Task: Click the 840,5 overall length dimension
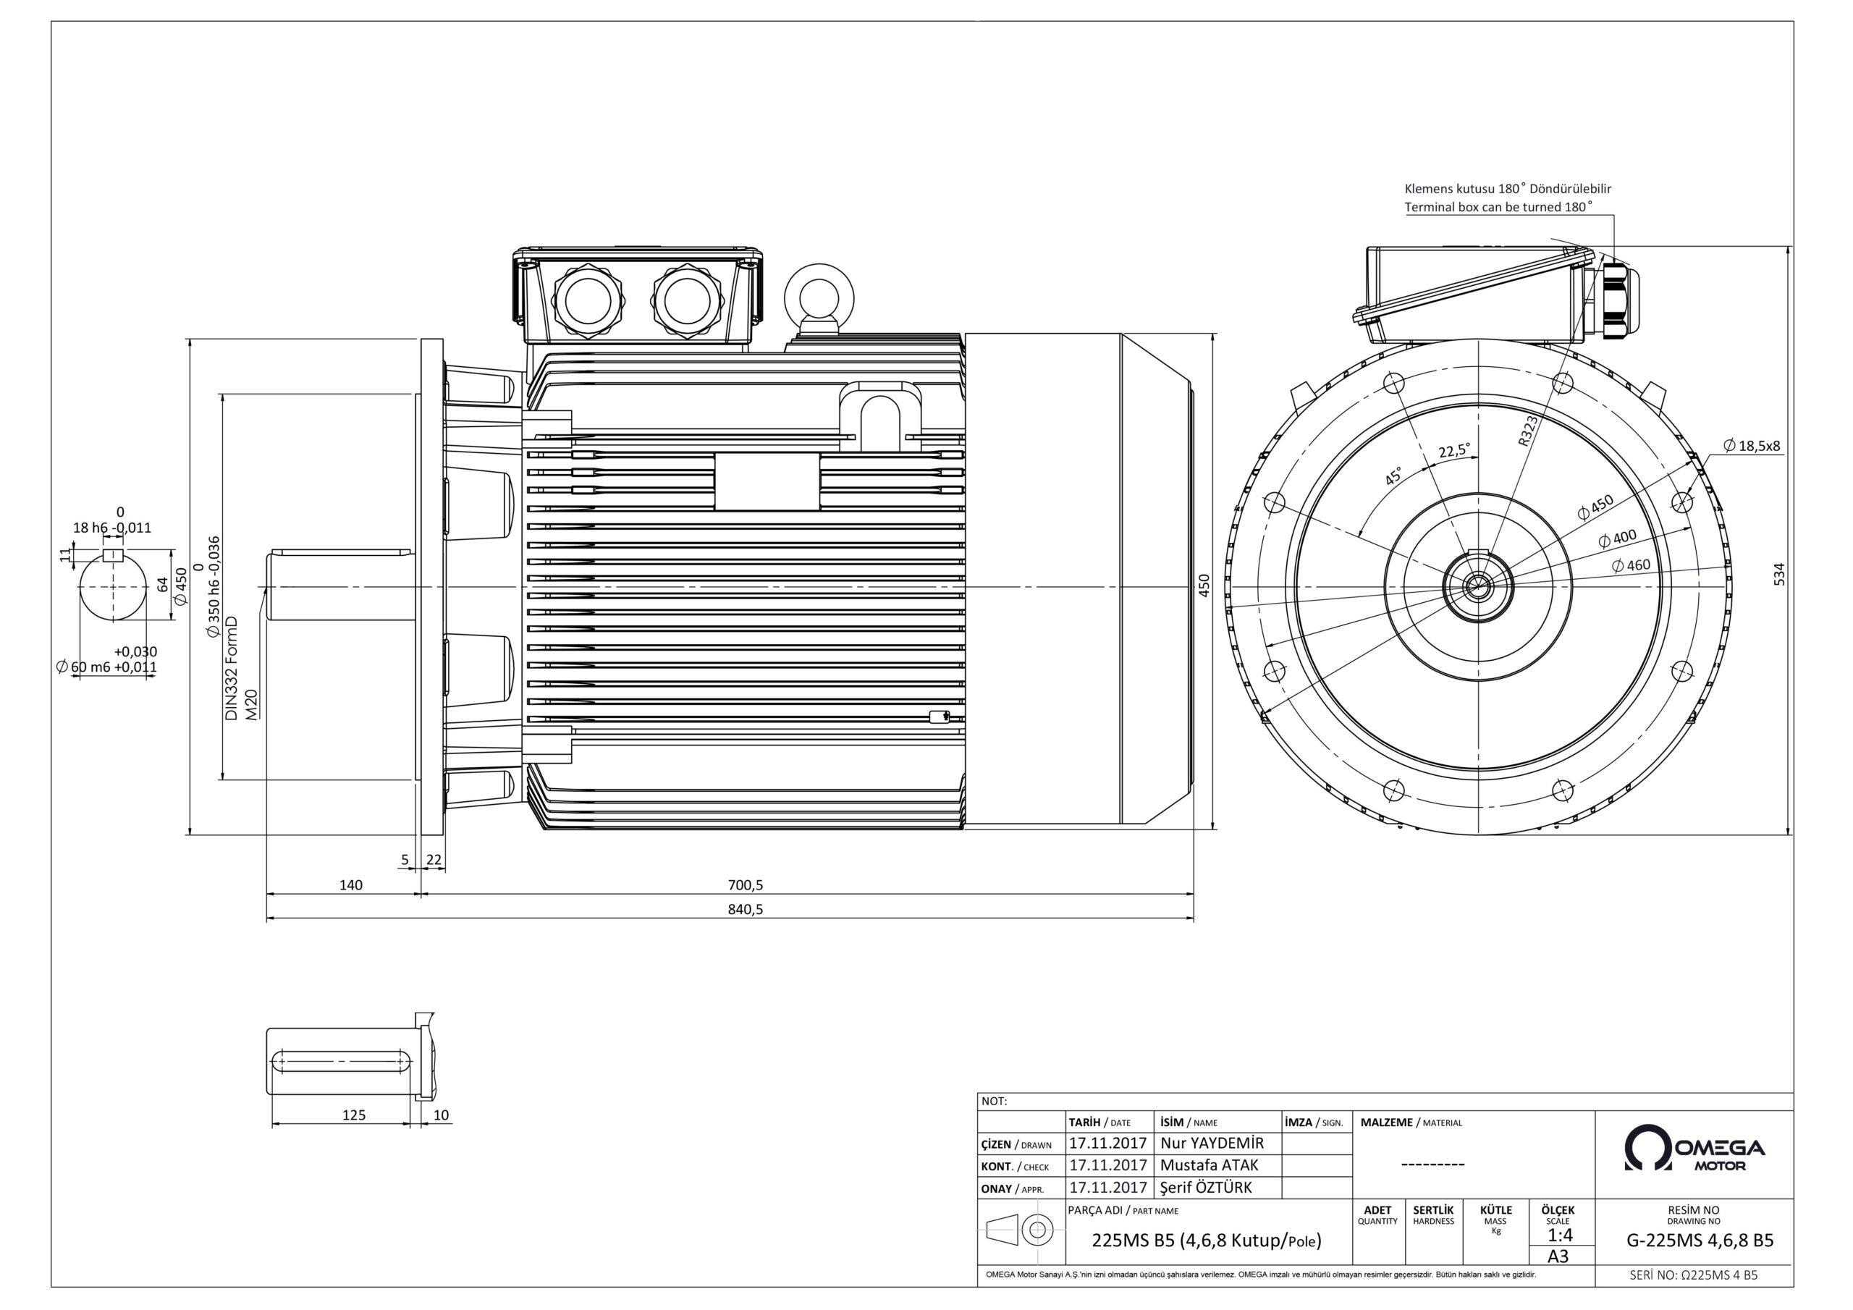[745, 910]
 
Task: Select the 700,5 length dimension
[745, 885]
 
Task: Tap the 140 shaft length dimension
[350, 885]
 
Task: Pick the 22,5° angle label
[1454, 450]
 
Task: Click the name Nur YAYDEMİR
[1212, 1143]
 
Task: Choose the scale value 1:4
[1559, 1235]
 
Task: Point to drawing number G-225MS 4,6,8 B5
[1700, 1241]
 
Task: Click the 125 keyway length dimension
[353, 1115]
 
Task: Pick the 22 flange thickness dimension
[434, 860]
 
